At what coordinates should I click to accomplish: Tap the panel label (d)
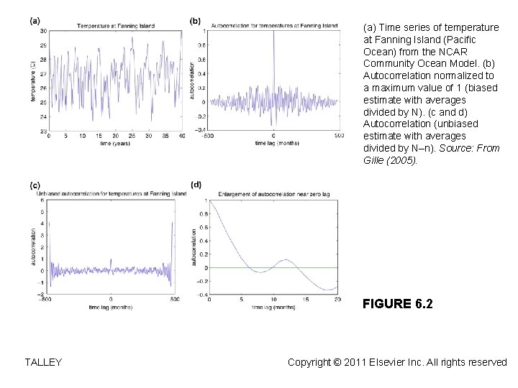click(196, 185)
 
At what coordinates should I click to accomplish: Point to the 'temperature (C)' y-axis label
click(33, 82)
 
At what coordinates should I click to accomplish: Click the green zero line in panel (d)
click(302, 268)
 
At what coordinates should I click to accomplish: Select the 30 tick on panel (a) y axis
click(44, 31)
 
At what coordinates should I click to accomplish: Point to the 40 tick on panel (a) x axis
click(179, 137)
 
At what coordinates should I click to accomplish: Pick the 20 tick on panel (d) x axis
click(337, 299)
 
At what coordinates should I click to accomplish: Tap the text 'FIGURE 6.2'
click(398, 305)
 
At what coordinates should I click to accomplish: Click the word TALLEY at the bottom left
click(42, 362)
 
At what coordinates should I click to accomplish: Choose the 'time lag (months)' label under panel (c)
click(109, 307)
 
